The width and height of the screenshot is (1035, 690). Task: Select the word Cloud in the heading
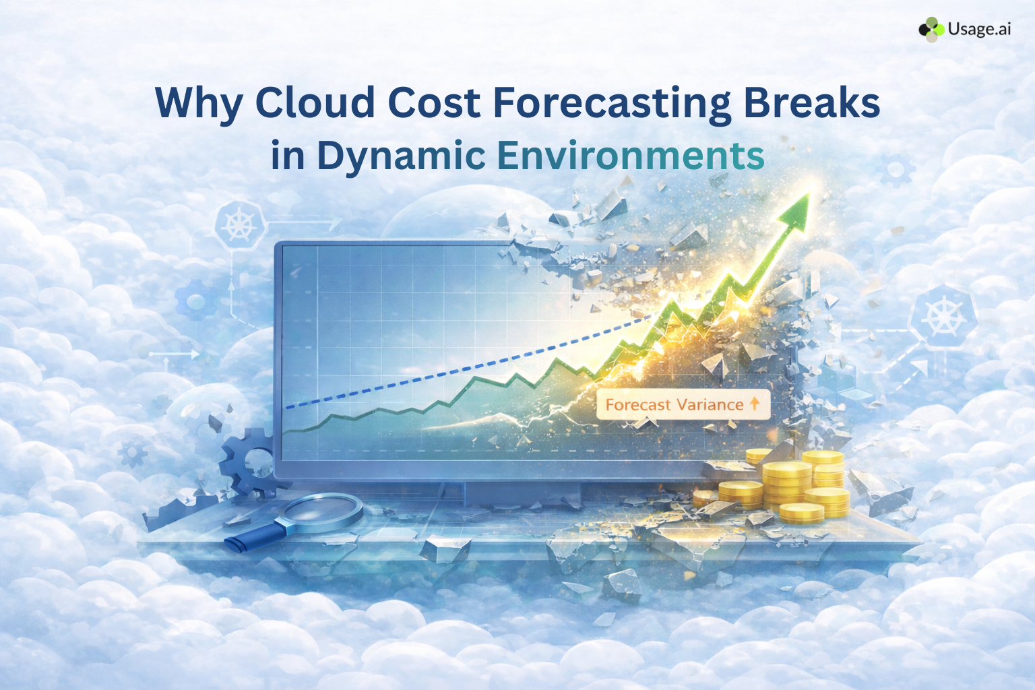pyautogui.click(x=315, y=102)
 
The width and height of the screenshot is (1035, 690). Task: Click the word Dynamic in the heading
pyautogui.click(x=401, y=156)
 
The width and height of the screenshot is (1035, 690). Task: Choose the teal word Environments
pyautogui.click(x=631, y=155)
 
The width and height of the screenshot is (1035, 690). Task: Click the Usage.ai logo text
pyautogui.click(x=978, y=29)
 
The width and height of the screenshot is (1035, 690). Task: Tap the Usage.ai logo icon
pyautogui.click(x=931, y=29)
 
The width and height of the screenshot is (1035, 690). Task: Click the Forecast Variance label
pyautogui.click(x=674, y=404)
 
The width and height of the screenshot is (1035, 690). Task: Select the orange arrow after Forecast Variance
pyautogui.click(x=755, y=404)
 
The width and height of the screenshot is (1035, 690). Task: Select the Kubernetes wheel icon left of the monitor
pyautogui.click(x=238, y=224)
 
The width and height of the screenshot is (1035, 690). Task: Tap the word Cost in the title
pyautogui.click(x=433, y=102)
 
